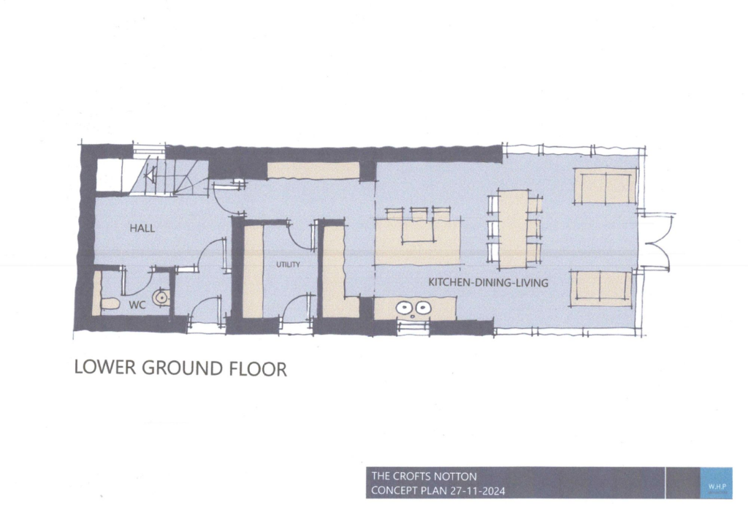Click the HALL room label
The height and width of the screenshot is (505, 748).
click(x=142, y=228)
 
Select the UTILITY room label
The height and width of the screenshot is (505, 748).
click(x=288, y=265)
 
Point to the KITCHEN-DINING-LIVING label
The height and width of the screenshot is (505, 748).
click(x=488, y=282)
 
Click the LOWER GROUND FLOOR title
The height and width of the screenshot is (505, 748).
click(x=180, y=368)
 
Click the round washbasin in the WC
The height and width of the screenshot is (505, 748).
click(x=161, y=297)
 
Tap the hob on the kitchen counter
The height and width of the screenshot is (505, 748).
click(x=413, y=308)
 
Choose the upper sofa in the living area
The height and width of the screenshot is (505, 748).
click(x=604, y=186)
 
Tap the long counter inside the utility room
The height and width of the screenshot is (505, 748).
click(x=253, y=270)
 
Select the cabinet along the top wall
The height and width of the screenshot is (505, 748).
click(x=313, y=171)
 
